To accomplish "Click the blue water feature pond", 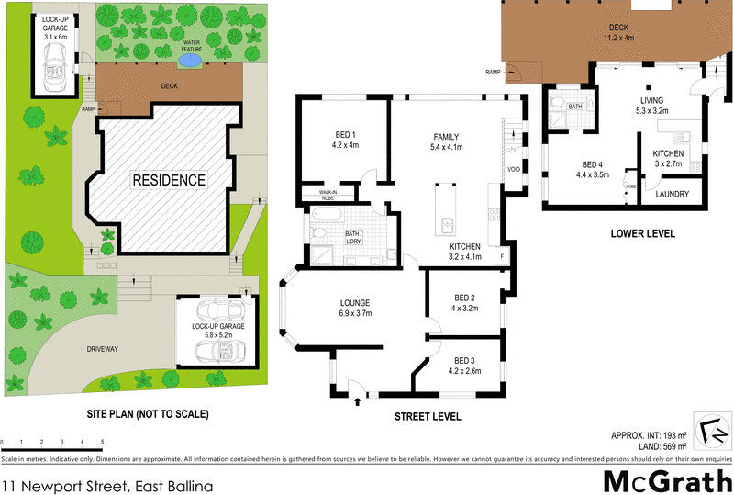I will [x=189, y=61].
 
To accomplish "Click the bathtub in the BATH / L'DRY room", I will [x=328, y=218].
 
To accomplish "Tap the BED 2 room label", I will [x=464, y=302].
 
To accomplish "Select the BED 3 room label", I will [x=464, y=366].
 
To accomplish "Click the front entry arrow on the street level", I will [x=357, y=400].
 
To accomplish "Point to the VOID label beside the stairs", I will [x=514, y=170].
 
